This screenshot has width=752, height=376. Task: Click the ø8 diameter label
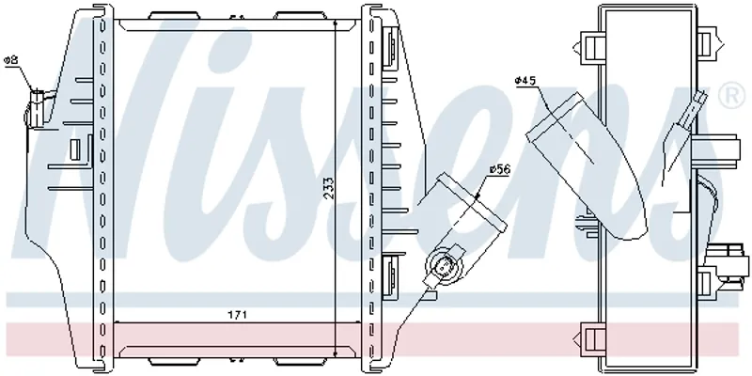click(x=10, y=60)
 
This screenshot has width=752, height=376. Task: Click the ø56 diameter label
click(x=500, y=169)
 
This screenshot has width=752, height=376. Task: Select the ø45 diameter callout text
click(x=525, y=81)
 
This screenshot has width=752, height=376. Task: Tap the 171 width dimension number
click(x=237, y=315)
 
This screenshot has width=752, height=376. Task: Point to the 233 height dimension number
click(x=328, y=189)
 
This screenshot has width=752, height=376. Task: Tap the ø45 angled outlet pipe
click(x=587, y=165)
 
